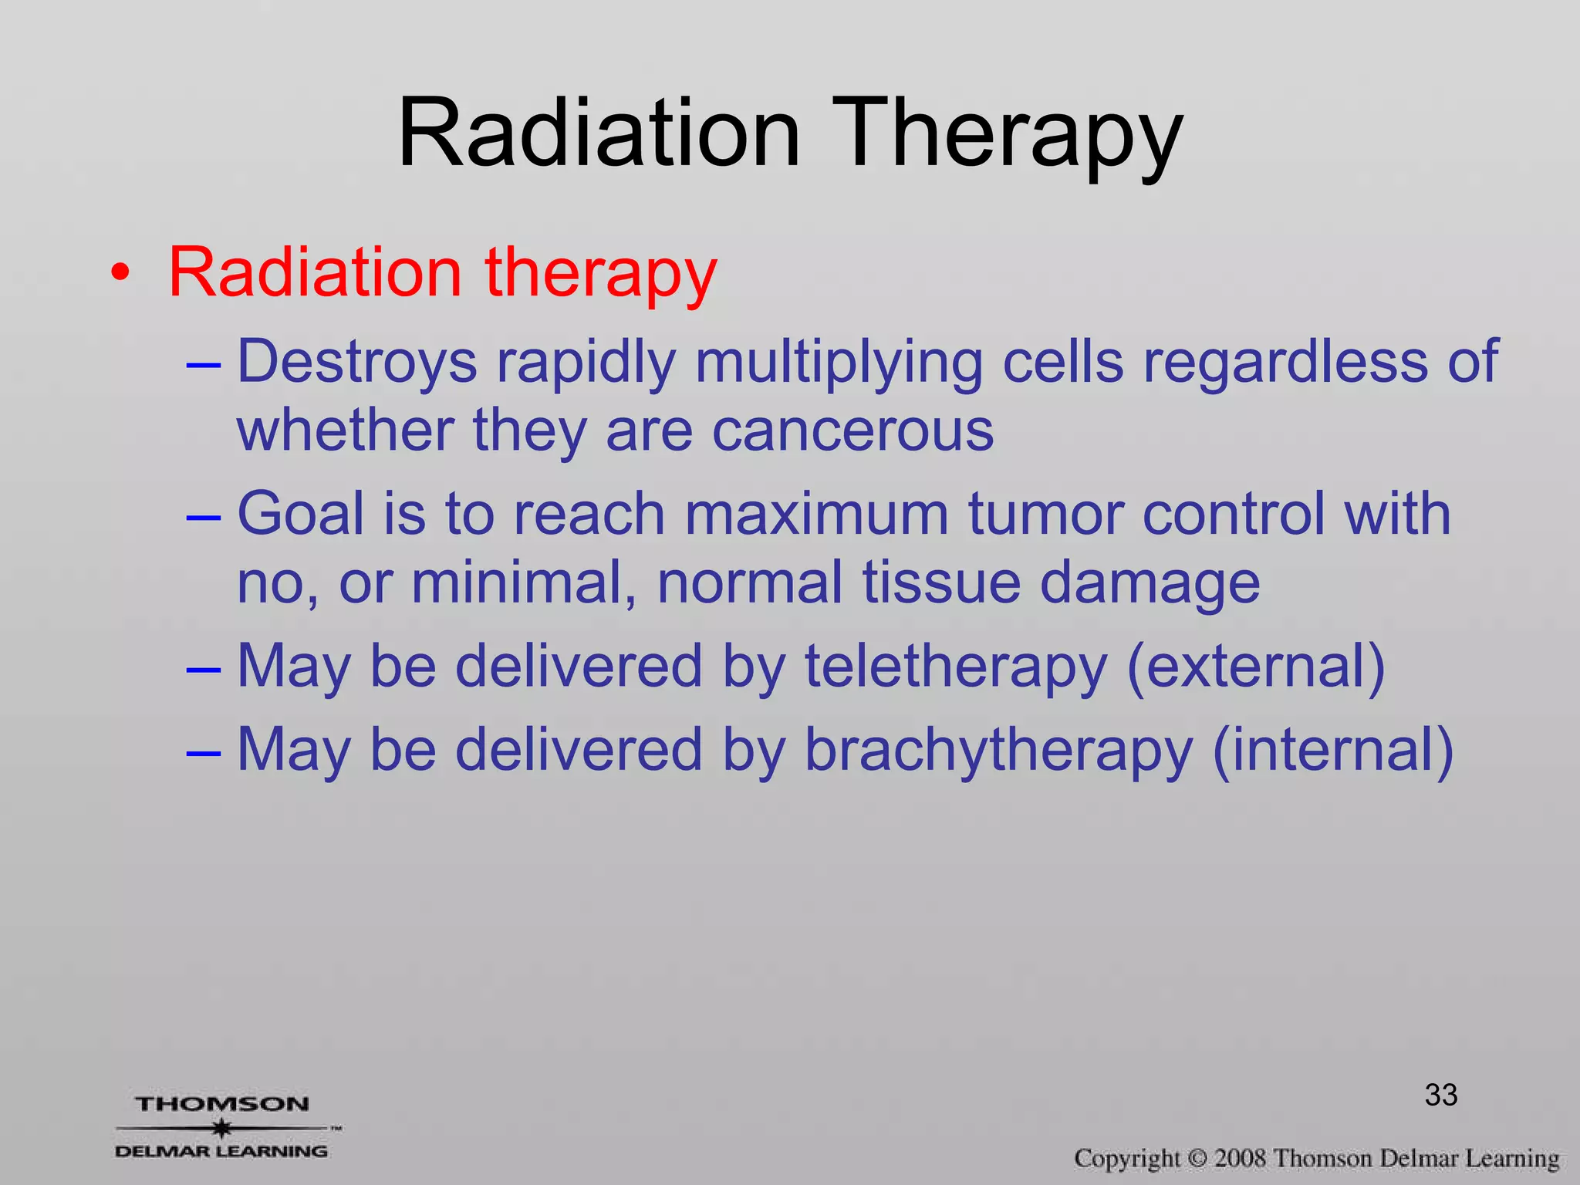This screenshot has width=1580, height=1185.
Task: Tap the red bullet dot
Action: (x=119, y=273)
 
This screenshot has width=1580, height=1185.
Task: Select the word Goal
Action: (x=300, y=513)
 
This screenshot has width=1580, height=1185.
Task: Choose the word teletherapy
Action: (x=955, y=666)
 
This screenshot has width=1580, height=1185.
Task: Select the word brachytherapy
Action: (x=998, y=749)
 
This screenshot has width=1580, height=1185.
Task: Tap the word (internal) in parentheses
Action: (x=1332, y=749)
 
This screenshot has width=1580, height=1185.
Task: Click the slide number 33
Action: (x=1440, y=1095)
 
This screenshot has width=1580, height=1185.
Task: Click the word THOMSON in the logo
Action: (x=222, y=1104)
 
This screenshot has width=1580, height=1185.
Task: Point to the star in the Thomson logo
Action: (x=222, y=1128)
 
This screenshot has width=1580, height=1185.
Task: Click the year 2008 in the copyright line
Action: (x=1240, y=1158)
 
